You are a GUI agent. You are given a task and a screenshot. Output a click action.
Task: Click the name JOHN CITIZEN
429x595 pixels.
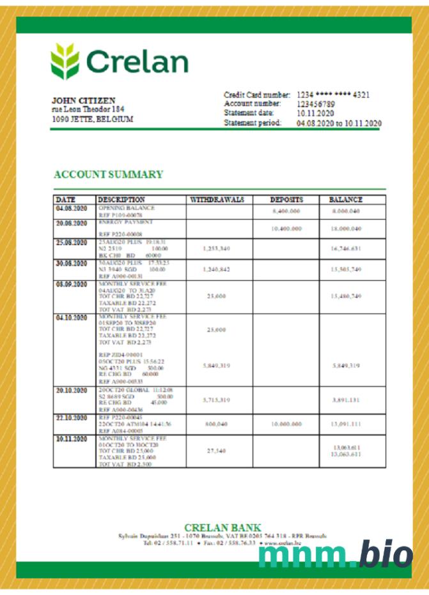pyautogui.click(x=84, y=101)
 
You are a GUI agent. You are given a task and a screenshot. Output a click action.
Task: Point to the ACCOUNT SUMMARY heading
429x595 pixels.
pyautogui.click(x=108, y=174)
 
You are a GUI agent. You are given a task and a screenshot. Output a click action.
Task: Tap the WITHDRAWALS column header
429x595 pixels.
pyautogui.click(x=218, y=200)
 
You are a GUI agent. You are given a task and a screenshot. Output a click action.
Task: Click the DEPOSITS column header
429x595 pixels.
pyautogui.click(x=286, y=200)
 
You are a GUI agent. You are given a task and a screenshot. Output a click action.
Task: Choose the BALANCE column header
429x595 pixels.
pyautogui.click(x=346, y=200)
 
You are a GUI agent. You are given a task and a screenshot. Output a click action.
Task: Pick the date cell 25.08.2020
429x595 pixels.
pyautogui.click(x=71, y=243)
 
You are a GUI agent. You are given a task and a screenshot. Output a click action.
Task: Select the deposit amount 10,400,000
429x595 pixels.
pyautogui.click(x=286, y=229)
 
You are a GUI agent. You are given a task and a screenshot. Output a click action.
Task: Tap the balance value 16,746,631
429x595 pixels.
pyautogui.click(x=346, y=248)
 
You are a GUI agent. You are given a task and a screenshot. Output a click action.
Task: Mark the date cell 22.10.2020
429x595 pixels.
pyautogui.click(x=71, y=418)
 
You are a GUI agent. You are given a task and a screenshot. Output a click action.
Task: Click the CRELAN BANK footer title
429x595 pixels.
pyautogui.click(x=222, y=527)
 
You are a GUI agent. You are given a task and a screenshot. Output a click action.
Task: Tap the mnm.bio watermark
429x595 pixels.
pyautogui.click(x=336, y=553)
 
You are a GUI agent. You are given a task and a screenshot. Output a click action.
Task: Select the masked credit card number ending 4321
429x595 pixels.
pyautogui.click(x=333, y=94)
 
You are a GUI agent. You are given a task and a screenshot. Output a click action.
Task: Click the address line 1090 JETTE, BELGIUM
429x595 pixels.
pyautogui.click(x=92, y=119)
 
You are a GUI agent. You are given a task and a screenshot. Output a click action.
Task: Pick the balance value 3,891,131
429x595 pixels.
pyautogui.click(x=346, y=400)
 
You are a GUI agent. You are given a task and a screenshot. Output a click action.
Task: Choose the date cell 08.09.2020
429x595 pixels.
pyautogui.click(x=71, y=284)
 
